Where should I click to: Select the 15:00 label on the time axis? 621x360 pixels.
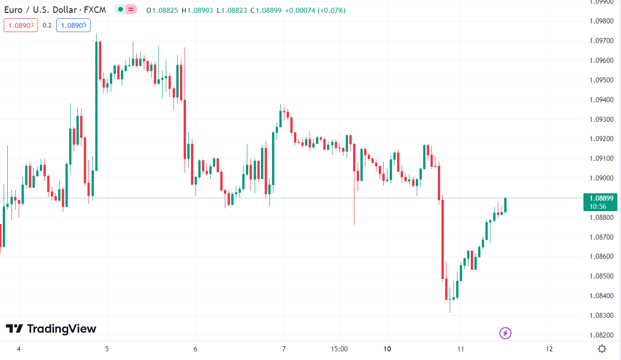(x=339, y=349)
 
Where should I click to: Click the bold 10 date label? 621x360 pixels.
(x=387, y=349)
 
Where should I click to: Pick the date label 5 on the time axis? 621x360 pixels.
(x=107, y=349)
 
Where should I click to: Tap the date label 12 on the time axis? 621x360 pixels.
(x=549, y=349)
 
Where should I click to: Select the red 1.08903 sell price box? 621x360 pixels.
(x=21, y=25)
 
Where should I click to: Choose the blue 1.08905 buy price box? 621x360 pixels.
(x=73, y=25)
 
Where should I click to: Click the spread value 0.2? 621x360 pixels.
(x=47, y=25)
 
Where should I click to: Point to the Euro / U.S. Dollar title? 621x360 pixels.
(x=55, y=10)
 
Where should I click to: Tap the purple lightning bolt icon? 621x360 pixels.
(x=505, y=333)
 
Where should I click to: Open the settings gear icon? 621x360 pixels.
(x=602, y=349)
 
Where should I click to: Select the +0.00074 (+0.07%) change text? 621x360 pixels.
(x=315, y=10)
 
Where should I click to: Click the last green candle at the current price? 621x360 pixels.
(x=506, y=205)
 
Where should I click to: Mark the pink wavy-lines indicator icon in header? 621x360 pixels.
(x=131, y=10)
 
